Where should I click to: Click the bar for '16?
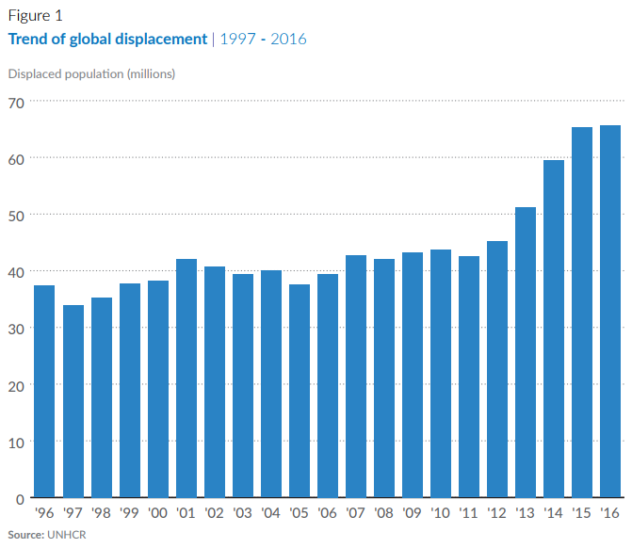pos(610,311)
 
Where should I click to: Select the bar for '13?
pos(526,352)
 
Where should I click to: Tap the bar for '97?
pos(73,401)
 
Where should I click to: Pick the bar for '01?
pos(186,378)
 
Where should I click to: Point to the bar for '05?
pos(300,391)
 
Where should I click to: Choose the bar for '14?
pos(554,329)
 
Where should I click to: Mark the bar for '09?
pos(413,375)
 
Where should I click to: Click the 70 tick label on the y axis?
pos(16,104)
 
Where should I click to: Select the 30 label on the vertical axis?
pos(16,330)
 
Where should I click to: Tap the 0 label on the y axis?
pos(20,500)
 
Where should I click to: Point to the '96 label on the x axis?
pos(44,513)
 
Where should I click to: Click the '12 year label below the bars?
pos(496,513)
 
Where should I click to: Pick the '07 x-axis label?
pos(355,513)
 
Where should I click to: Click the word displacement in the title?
pos(161,40)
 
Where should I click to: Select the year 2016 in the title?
pos(288,40)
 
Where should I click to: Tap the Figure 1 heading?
pos(36,16)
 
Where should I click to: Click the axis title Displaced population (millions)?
pos(91,74)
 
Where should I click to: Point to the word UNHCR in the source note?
pos(67,535)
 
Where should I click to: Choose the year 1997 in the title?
pos(237,40)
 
